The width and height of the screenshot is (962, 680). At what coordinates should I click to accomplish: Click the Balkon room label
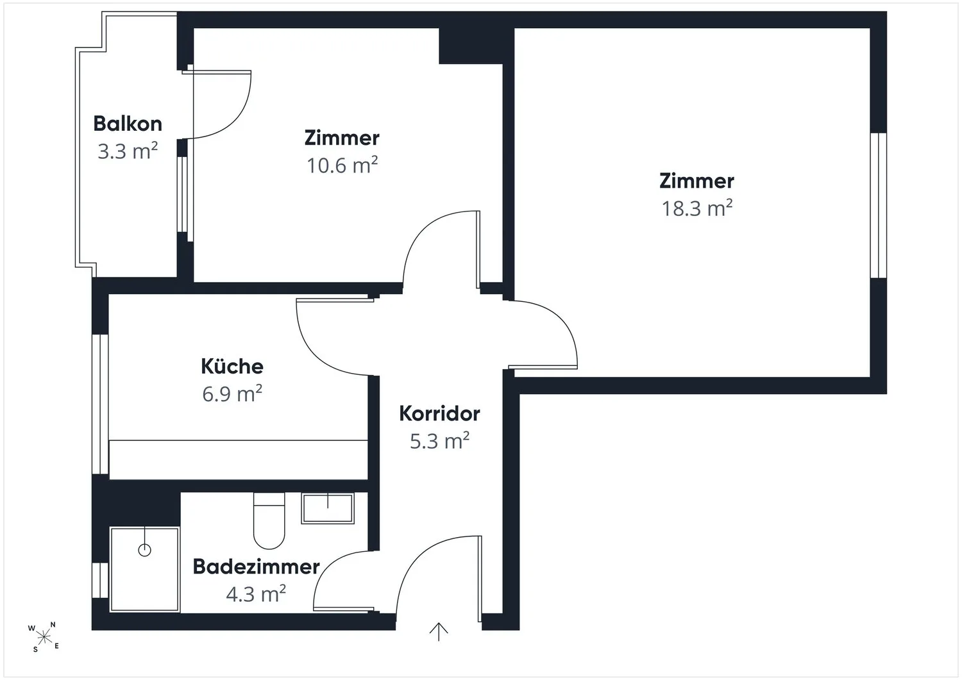(x=128, y=124)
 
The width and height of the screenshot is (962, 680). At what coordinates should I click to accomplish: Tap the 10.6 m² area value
(x=342, y=165)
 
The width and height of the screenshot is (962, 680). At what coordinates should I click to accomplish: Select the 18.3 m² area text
(x=696, y=208)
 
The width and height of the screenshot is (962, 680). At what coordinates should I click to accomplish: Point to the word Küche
(x=232, y=366)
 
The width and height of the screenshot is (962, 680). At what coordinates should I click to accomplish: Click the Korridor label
(x=439, y=413)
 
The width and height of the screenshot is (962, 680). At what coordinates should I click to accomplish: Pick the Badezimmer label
(x=256, y=567)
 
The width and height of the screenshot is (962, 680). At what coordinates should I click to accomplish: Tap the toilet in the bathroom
(x=269, y=520)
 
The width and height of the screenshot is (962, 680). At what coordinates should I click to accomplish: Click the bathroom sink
(x=328, y=508)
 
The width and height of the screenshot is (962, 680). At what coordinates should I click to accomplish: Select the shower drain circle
(x=145, y=550)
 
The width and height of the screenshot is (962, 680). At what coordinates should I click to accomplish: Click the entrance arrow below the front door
(x=439, y=631)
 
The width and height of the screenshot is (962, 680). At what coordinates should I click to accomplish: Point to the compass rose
(x=44, y=637)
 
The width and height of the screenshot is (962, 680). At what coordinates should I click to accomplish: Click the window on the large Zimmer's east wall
(x=878, y=205)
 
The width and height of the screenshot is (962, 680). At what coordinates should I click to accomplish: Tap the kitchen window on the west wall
(x=100, y=404)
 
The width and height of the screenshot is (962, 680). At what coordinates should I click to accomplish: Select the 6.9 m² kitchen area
(x=232, y=394)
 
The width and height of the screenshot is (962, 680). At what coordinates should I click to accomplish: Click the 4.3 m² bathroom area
(x=256, y=594)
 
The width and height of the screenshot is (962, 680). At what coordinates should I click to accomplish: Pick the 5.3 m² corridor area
(x=439, y=441)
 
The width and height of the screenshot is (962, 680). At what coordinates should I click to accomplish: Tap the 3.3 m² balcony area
(x=128, y=151)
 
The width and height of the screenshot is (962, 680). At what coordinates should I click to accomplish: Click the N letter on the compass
(x=53, y=625)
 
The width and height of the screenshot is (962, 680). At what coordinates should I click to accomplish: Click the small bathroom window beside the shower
(x=100, y=580)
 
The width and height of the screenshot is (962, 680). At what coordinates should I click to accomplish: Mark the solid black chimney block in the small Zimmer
(x=471, y=46)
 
